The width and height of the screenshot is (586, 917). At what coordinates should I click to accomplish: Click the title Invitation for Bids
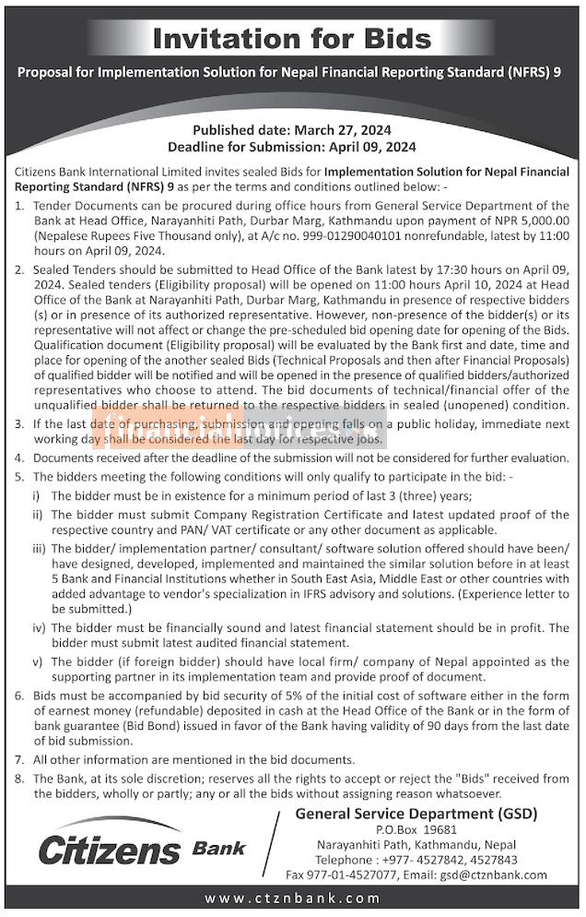point(291,39)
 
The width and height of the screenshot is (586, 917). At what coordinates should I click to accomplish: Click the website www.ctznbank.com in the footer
point(292,899)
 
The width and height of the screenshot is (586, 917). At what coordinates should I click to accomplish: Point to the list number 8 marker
point(21,779)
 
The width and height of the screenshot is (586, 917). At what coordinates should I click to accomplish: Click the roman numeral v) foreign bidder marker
point(40,661)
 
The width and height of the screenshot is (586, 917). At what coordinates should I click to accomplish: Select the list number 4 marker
point(21,458)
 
